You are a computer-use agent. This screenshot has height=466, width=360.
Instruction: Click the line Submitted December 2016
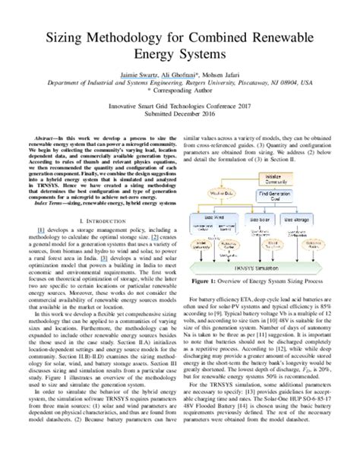179,122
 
